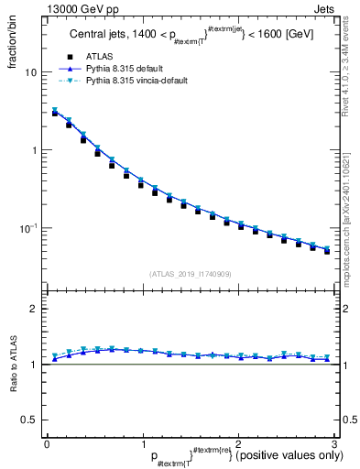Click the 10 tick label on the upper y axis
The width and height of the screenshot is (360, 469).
[32, 72]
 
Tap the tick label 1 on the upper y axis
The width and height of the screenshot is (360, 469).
[35, 150]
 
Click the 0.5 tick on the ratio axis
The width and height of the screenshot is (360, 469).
[30, 420]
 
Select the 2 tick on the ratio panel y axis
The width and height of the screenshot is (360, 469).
[35, 309]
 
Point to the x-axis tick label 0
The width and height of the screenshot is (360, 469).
[47, 443]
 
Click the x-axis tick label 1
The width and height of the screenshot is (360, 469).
[142, 443]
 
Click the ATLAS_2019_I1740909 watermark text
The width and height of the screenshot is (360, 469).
[190, 273]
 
